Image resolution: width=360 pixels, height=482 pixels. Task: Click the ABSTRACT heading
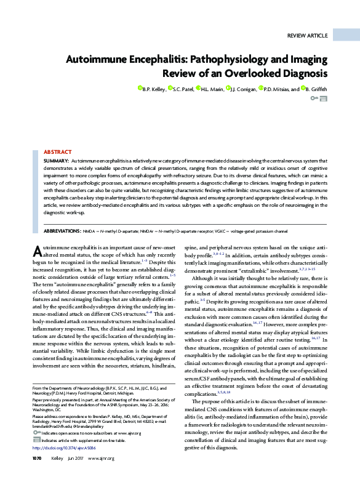(57, 151)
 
